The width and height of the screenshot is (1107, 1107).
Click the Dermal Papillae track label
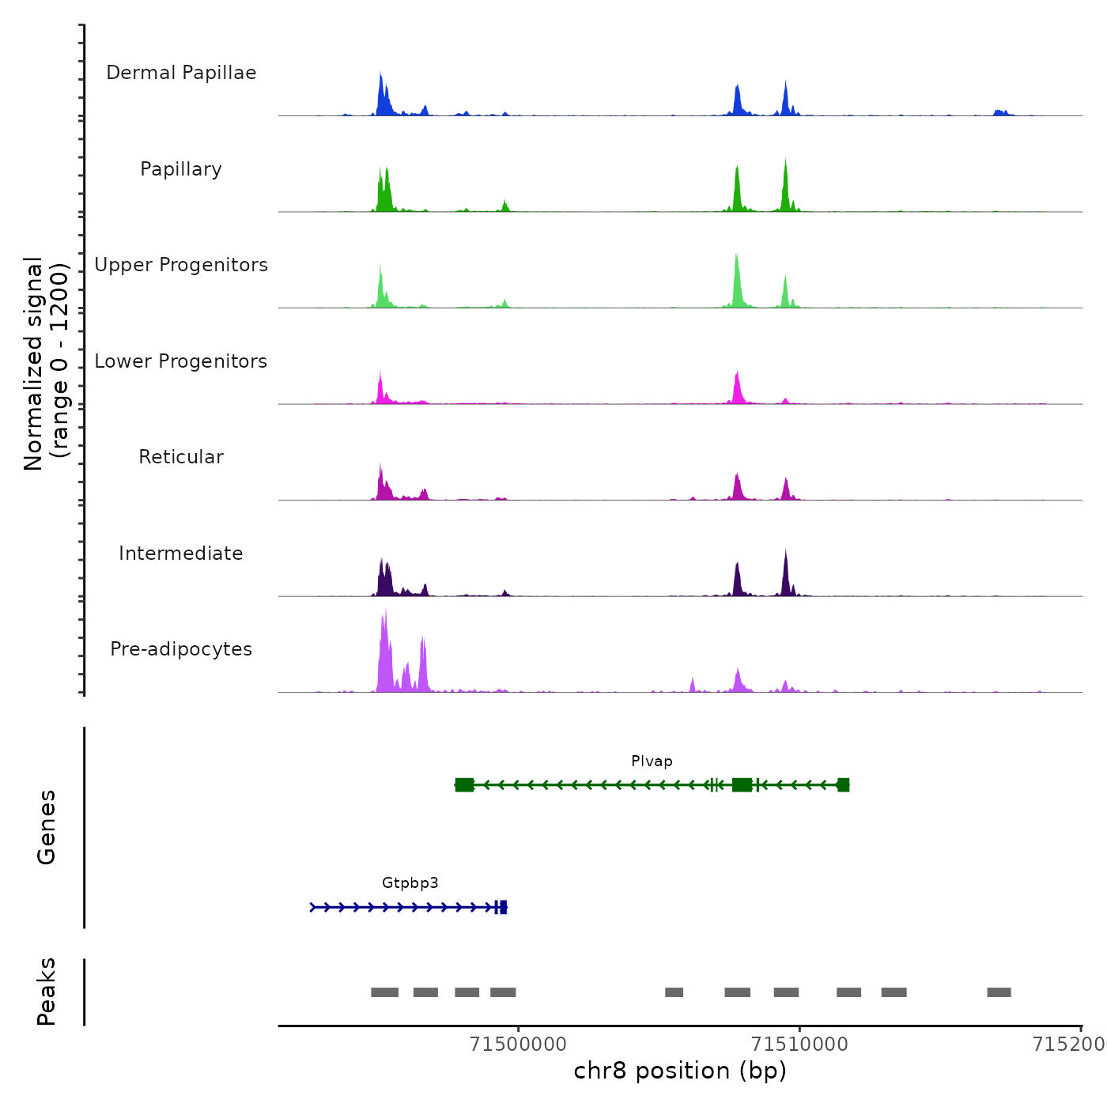point(181,73)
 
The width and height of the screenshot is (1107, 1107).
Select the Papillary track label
point(181,169)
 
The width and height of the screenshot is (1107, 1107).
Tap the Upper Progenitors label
point(181,265)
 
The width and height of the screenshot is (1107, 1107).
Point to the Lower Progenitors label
point(181,361)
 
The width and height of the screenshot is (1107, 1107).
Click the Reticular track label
point(181,457)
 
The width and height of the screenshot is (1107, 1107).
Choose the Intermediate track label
point(181,553)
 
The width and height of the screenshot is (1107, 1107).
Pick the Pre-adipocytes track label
point(181,649)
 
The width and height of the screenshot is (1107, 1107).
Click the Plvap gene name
point(652,761)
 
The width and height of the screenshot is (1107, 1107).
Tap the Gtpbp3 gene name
point(410,883)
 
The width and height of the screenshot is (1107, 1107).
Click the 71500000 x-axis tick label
point(518,1045)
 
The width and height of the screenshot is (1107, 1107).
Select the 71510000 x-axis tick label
point(799,1045)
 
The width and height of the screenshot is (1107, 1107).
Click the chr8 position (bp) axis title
point(680,1071)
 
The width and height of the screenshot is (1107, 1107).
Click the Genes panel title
point(47,827)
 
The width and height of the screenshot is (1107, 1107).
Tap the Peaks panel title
point(47,992)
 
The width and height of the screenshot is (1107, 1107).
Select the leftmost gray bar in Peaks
point(384,992)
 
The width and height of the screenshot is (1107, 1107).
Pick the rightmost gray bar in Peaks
point(999,992)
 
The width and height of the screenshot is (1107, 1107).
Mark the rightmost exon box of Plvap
point(843,784)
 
